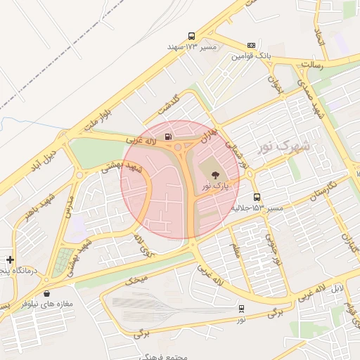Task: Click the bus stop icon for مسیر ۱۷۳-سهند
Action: tap(191, 37)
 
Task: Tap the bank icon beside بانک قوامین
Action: tap(252, 46)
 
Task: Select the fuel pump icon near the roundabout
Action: tap(167, 136)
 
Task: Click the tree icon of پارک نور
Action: tap(214, 174)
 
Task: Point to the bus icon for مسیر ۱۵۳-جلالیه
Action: tap(256, 198)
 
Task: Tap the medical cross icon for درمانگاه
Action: tap(10, 259)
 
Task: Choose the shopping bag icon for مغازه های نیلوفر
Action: tap(46, 293)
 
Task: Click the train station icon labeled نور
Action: tap(242, 308)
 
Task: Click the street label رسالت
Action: tap(311, 64)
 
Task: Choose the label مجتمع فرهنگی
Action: tap(163, 356)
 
